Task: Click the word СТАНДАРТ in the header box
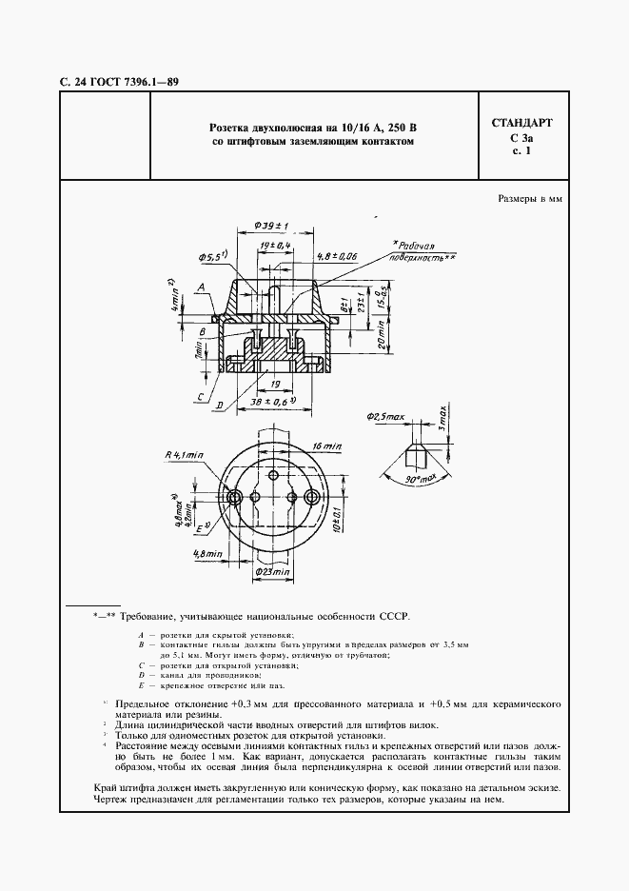point(521,124)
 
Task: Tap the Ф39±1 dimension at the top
point(272,224)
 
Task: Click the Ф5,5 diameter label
point(211,257)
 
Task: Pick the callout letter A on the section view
point(204,286)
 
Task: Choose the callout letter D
point(219,406)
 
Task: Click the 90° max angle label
point(418,478)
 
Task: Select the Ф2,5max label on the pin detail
point(384,417)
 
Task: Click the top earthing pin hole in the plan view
point(273,475)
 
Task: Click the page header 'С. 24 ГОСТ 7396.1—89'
point(113,83)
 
